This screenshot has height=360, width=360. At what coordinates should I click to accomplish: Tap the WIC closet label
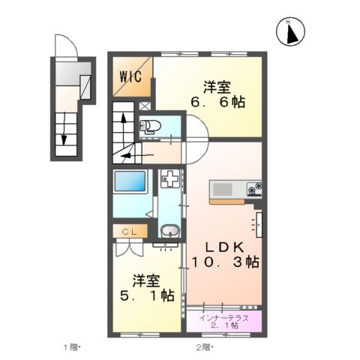[132, 76]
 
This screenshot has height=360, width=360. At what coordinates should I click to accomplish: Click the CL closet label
[128, 232]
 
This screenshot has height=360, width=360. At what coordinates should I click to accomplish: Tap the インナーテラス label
[225, 318]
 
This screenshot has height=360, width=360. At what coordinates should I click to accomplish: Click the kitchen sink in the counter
[226, 187]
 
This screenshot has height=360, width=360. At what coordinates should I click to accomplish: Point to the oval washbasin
[169, 232]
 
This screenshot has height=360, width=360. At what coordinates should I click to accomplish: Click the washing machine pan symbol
[170, 181]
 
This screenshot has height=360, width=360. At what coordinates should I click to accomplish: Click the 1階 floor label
[71, 347]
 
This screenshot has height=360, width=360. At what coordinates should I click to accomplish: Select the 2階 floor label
[204, 347]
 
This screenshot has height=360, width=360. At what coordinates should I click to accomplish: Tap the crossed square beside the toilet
[144, 107]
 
